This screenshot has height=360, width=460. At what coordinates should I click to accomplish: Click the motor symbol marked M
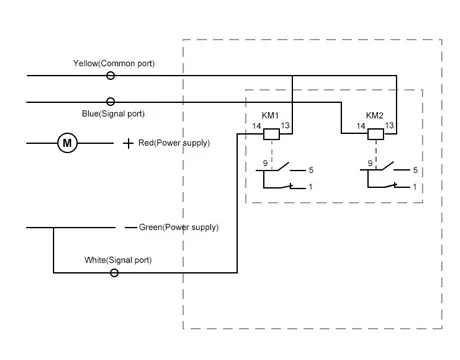[x=67, y=143]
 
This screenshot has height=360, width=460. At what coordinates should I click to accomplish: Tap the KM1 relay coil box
[x=271, y=134]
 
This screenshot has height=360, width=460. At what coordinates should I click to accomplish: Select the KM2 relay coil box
[x=376, y=134]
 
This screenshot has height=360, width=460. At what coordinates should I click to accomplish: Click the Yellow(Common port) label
[x=114, y=63]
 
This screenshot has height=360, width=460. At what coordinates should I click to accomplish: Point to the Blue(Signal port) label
[x=113, y=114]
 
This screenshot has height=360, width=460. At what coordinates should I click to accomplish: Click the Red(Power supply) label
[x=174, y=143]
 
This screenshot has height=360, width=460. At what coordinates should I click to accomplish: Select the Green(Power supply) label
[x=179, y=227]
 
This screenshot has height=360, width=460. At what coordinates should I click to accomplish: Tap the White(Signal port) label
[x=118, y=260]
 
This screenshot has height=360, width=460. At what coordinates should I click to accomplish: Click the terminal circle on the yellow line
[x=110, y=76]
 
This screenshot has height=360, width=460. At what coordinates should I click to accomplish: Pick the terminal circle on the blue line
[x=110, y=102]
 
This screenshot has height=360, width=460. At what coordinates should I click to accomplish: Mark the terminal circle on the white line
[x=114, y=273]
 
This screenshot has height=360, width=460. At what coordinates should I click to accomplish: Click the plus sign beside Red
[x=128, y=143]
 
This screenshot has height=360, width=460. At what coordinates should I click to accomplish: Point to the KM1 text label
[x=270, y=115]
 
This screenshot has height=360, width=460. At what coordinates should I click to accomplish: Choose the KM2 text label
[x=375, y=115]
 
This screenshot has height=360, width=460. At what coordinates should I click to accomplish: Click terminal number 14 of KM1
[x=256, y=126]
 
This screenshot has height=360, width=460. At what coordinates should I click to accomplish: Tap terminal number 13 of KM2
[x=389, y=125]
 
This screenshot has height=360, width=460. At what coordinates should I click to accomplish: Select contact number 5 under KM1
[x=311, y=170]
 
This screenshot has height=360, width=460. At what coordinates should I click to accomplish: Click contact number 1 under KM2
[x=415, y=187]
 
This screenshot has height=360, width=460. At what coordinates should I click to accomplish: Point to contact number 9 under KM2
[x=370, y=163]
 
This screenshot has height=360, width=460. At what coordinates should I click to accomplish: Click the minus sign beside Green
[x=131, y=228]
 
